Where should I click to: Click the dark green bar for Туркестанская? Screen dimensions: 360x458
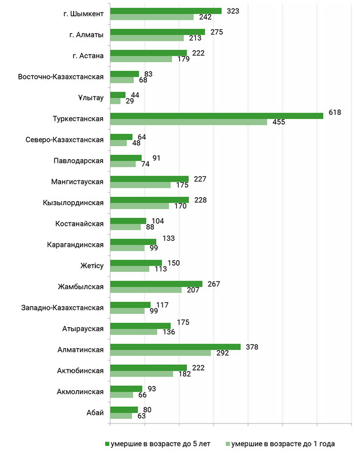click(x=217, y=116)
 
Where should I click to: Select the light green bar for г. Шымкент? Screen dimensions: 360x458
click(x=152, y=17)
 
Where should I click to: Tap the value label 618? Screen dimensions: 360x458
click(x=335, y=113)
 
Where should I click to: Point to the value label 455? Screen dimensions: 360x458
click(x=278, y=122)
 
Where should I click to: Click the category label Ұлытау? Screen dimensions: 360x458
click(x=91, y=98)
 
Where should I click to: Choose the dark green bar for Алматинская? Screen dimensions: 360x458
click(x=175, y=347)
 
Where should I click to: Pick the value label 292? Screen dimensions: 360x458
click(x=222, y=353)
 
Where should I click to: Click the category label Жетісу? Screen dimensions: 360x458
click(x=92, y=265)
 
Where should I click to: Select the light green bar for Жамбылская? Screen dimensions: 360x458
click(x=146, y=290)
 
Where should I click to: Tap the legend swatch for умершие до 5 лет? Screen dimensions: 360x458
click(x=107, y=444)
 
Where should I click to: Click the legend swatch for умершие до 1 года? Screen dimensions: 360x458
click(x=228, y=444)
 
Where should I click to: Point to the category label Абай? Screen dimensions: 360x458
click(x=95, y=413)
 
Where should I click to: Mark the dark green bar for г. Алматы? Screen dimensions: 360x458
click(x=157, y=32)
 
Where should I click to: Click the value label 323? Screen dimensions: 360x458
click(x=233, y=11)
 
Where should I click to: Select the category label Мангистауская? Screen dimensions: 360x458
click(x=78, y=182)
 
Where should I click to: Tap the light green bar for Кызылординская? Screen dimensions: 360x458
click(x=140, y=206)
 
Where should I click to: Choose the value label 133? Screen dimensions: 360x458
click(x=168, y=238)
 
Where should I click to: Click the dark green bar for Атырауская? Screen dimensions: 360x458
click(x=140, y=326)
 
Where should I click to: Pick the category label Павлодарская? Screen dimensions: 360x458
click(x=79, y=161)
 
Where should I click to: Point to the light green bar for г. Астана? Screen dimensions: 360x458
click(x=141, y=59)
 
